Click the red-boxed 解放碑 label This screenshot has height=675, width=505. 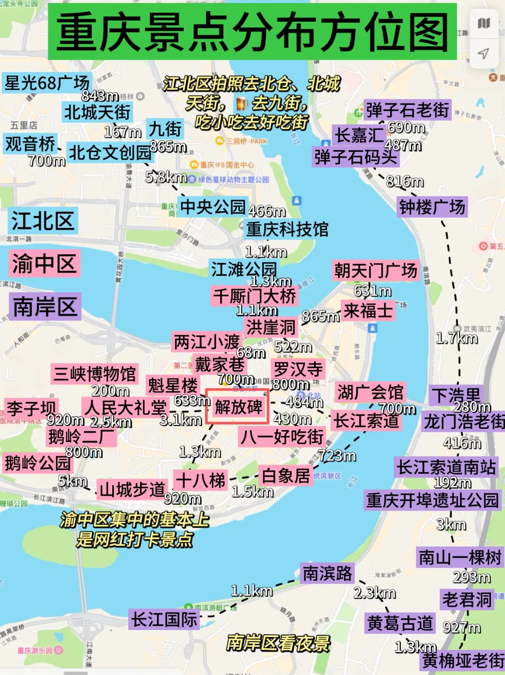click(238, 406)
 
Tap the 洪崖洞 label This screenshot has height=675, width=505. click(271, 327)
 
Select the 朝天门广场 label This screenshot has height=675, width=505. click(375, 271)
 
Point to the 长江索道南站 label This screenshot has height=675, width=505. click(446, 467)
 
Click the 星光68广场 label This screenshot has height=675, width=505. click(47, 83)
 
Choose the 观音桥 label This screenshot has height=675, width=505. click(30, 144)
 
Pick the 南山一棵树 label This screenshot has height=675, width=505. click(460, 557)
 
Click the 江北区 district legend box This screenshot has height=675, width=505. click(43, 221)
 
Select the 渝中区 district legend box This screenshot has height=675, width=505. click(44, 264)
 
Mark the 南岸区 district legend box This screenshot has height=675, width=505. click(45, 307)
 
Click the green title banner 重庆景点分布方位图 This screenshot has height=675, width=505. click(252, 32)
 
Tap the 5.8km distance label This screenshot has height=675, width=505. click(166, 177)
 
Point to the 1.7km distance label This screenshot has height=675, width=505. click(457, 338)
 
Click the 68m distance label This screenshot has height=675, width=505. click(251, 352)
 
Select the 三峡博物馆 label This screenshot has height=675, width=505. click(95, 374)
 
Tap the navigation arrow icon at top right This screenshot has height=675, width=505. click(483, 53)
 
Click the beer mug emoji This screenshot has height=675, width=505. click(241, 103)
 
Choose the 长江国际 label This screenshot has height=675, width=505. click(165, 619)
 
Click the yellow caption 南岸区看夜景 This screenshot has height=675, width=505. click(278, 643)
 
